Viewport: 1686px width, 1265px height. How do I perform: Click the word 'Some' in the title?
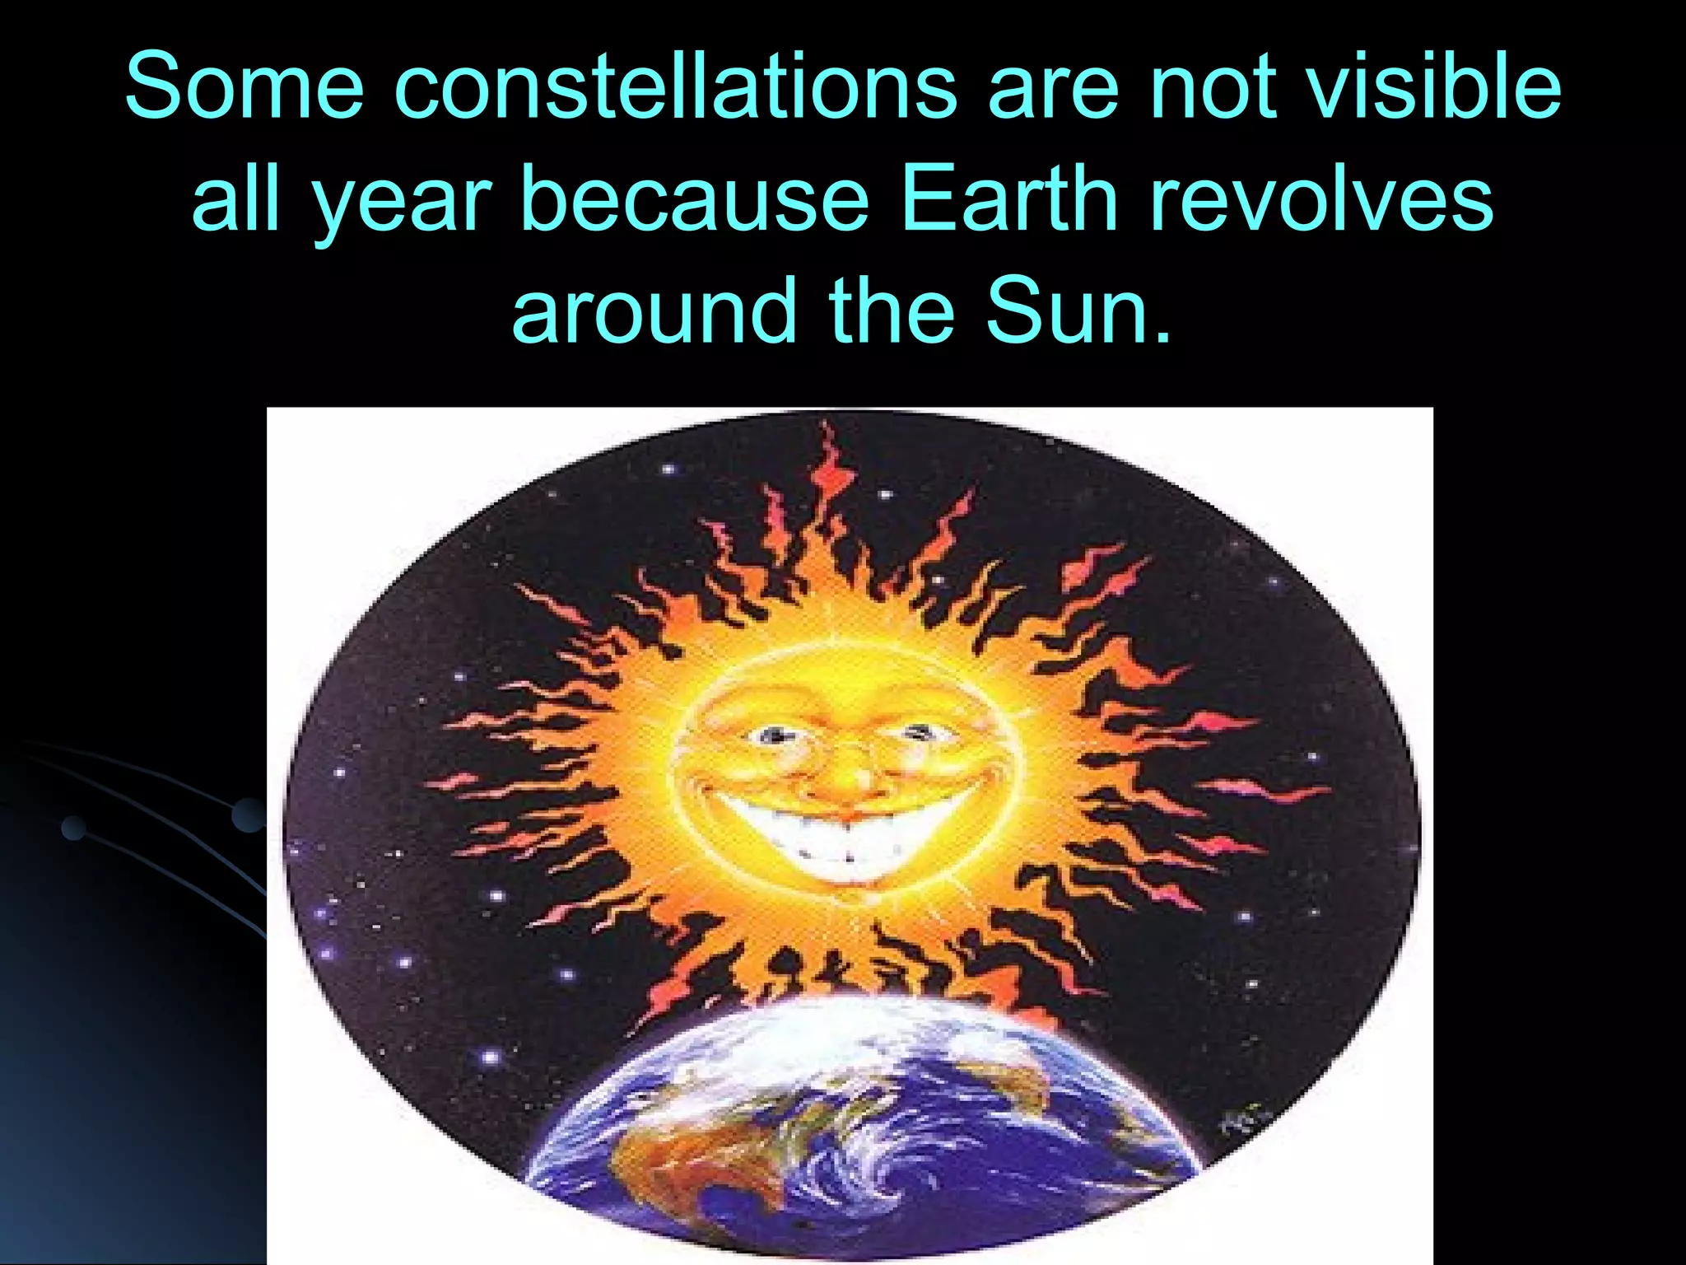[244, 86]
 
